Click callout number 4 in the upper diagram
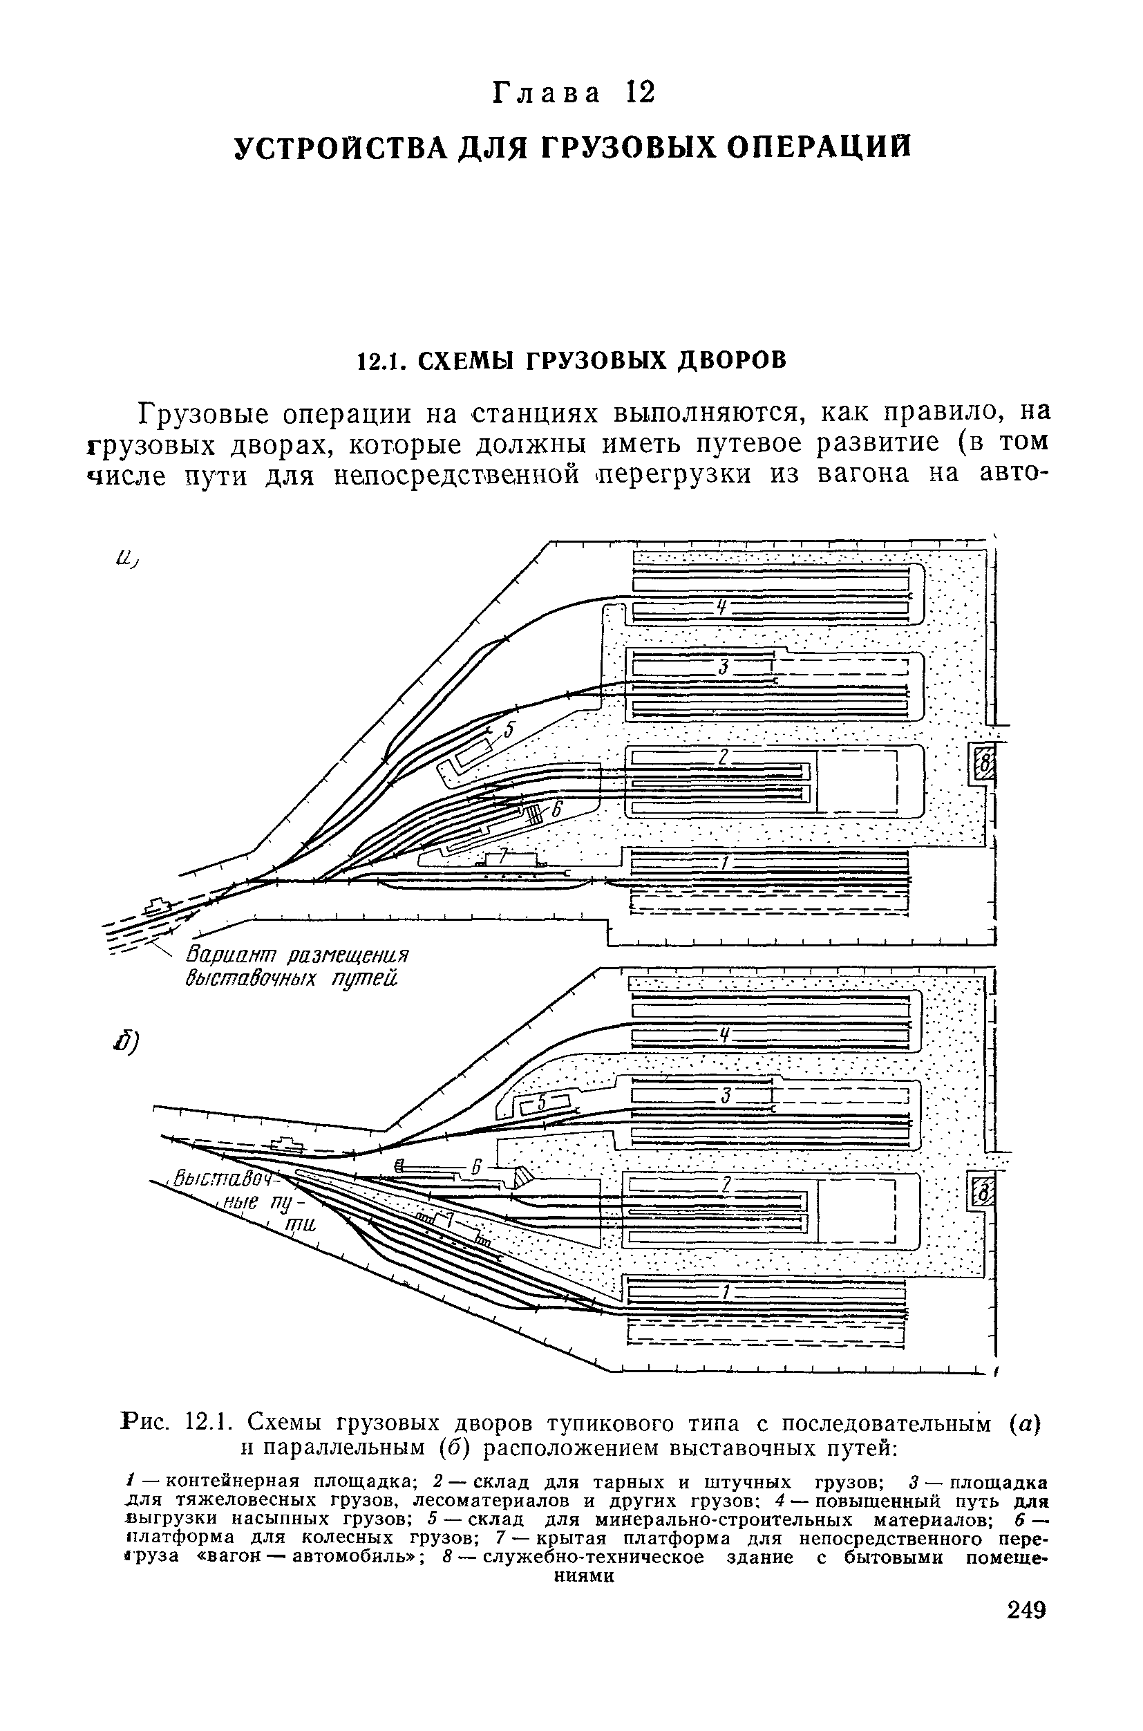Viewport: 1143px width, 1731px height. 721,606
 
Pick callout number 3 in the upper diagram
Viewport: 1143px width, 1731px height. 723,666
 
